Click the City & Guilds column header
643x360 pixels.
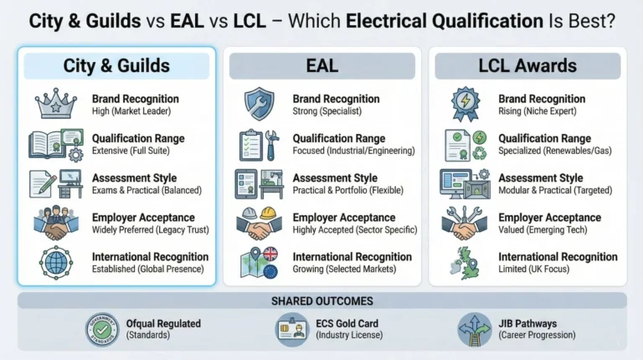tap(116, 65)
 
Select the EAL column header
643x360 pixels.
tap(321, 65)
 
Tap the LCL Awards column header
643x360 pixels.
tap(527, 65)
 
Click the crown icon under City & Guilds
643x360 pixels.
tap(56, 104)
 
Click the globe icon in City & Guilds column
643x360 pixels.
tap(56, 262)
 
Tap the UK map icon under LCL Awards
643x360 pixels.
tap(464, 262)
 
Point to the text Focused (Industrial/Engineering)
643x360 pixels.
tap(353, 151)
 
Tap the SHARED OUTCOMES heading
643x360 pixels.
tap(321, 301)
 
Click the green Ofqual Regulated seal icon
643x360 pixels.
tap(102, 329)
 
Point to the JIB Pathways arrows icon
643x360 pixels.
tap(475, 329)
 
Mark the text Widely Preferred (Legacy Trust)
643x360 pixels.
tap(151, 229)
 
